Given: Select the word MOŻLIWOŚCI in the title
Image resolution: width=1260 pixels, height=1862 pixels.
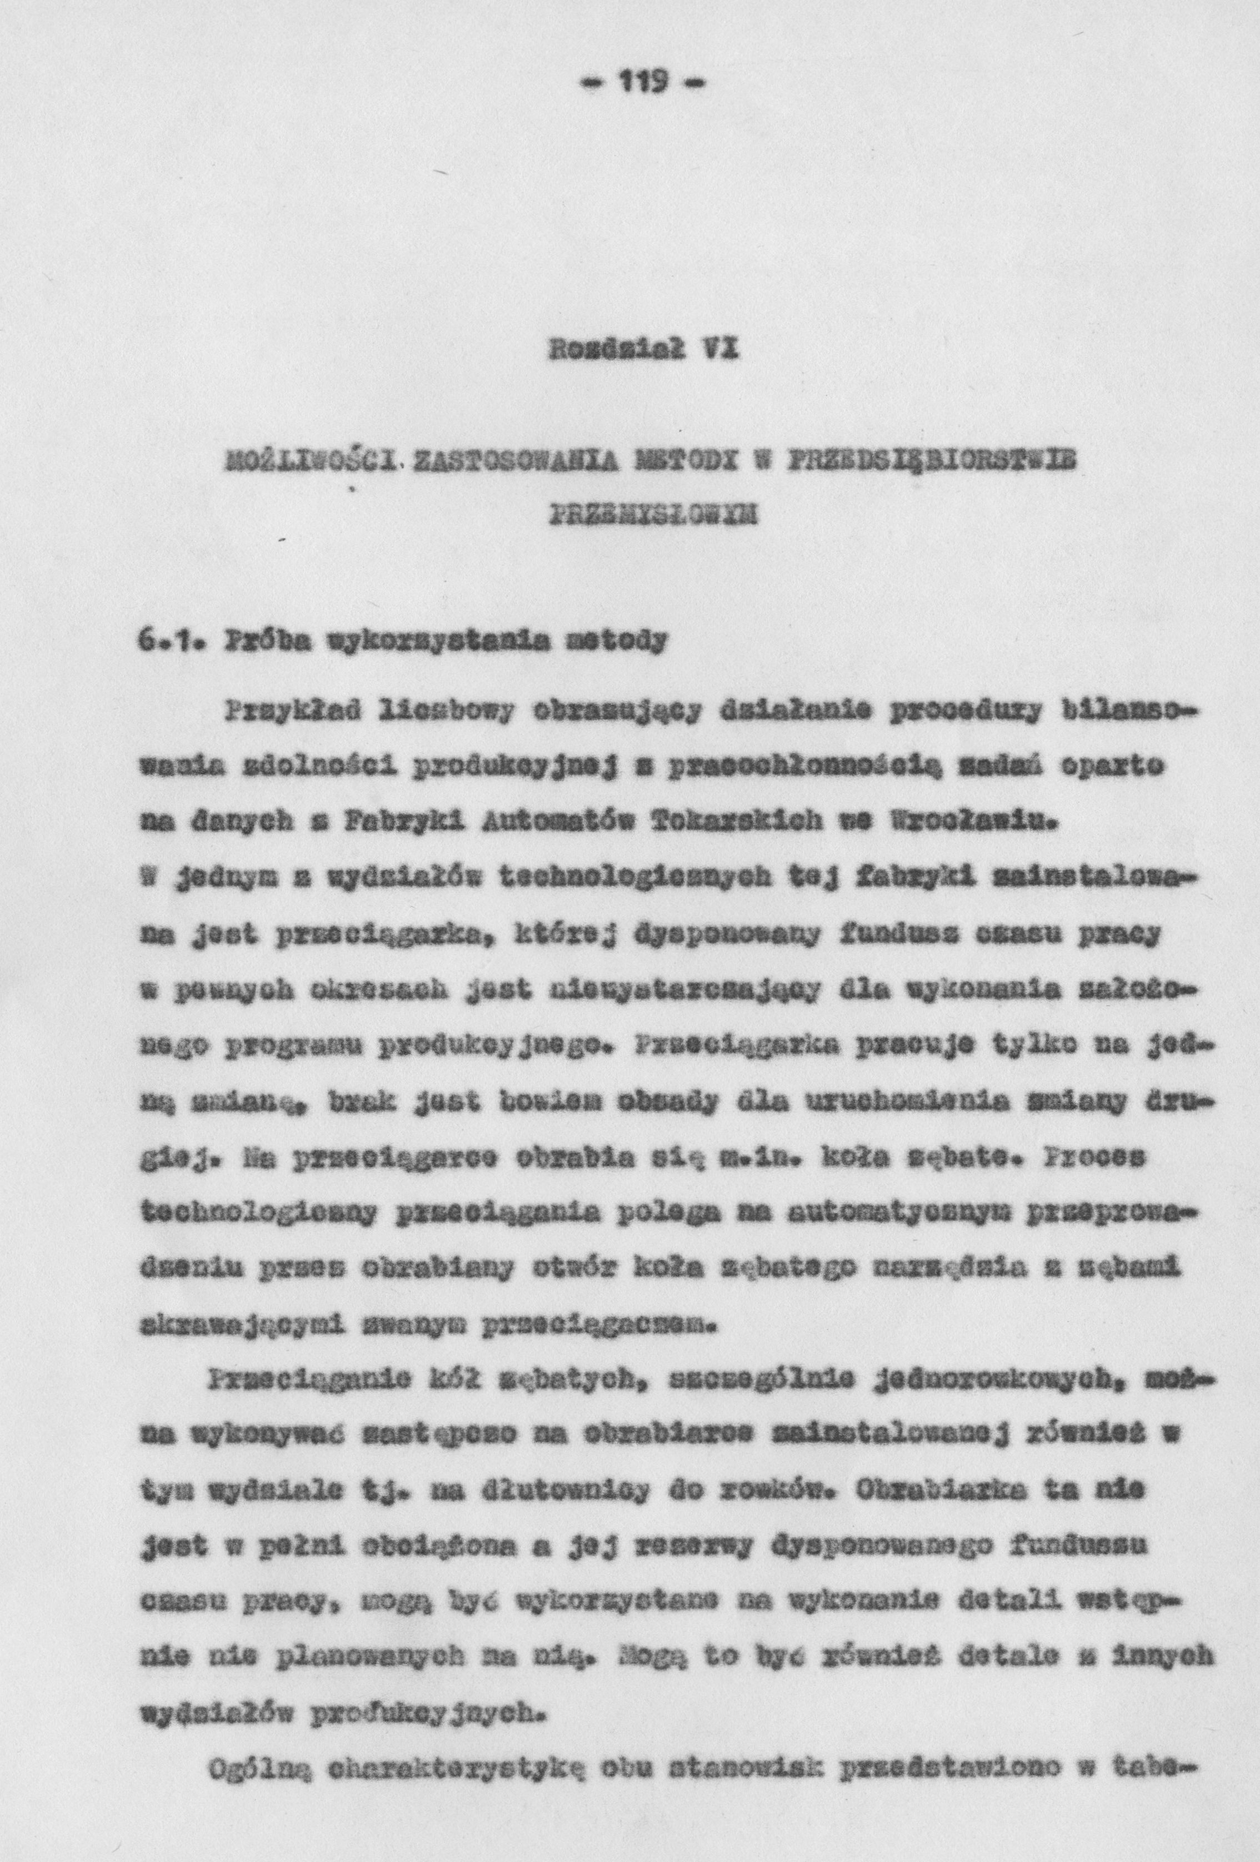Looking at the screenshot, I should tap(315, 463).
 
